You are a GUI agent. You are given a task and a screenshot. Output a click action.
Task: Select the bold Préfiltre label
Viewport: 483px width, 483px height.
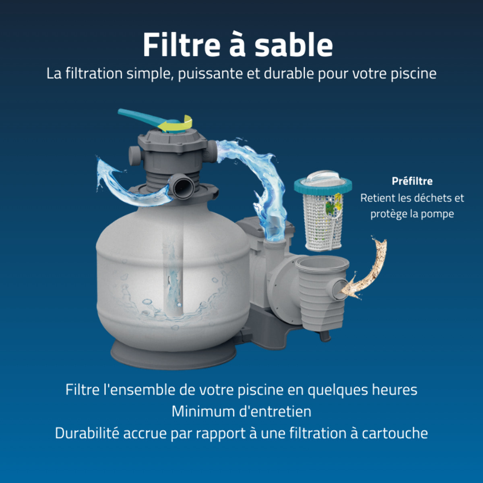click(412, 181)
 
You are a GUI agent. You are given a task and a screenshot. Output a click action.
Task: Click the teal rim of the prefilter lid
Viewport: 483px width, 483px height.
click(323, 186)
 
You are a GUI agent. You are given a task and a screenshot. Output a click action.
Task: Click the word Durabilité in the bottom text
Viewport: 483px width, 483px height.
click(87, 433)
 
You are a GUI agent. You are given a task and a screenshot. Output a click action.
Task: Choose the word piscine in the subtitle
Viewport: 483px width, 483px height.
click(413, 74)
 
